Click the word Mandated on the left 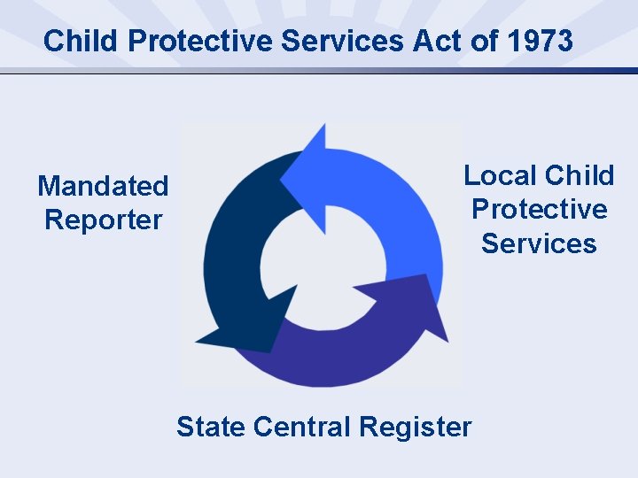coord(103,186)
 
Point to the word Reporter coord(103,220)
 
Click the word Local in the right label coord(501,175)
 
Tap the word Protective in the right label coord(539,209)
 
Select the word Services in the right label coord(539,243)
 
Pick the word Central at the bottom coord(301,427)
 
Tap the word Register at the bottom coord(416,427)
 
